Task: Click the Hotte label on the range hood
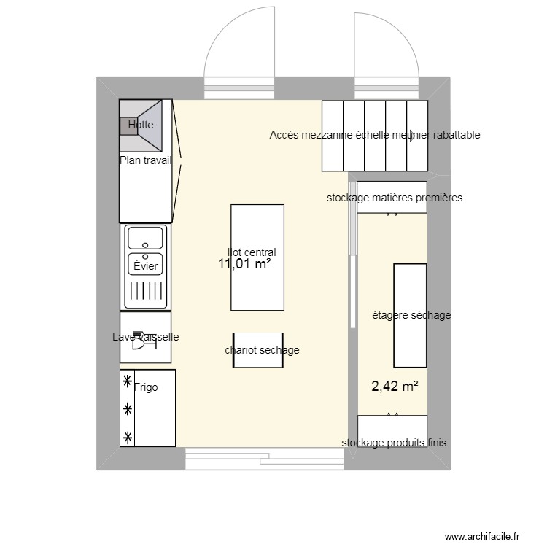pos(141,125)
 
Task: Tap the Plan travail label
pos(146,161)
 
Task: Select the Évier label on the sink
pos(146,266)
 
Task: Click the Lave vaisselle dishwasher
pos(145,337)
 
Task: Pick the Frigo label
pos(146,387)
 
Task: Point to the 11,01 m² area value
pos(244,264)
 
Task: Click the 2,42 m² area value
pos(395,387)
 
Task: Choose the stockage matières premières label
pos(394,198)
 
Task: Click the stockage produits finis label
pos(394,443)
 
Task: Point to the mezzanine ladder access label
pos(374,135)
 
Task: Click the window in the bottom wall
pos(264,458)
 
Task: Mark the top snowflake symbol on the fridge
pos(128,381)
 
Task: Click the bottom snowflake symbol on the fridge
pos(128,437)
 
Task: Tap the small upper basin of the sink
pos(146,238)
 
